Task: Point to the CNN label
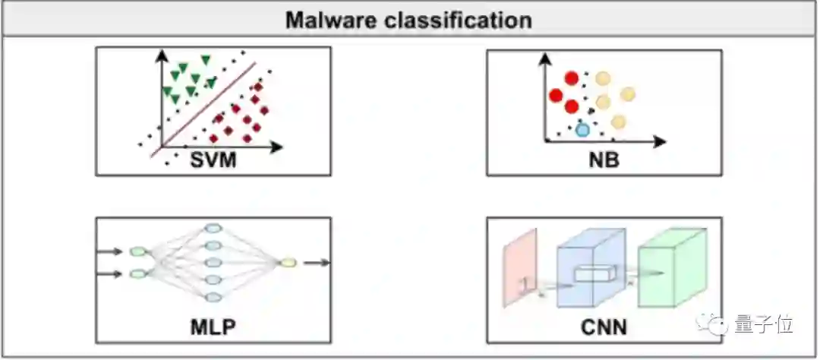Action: [x=604, y=328]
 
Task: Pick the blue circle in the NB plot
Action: [x=582, y=129]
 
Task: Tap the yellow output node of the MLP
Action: [x=288, y=263]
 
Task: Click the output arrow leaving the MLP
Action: [x=317, y=263]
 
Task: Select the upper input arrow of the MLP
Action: [x=112, y=251]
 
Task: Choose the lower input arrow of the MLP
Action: [x=112, y=274]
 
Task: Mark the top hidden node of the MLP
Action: [x=213, y=229]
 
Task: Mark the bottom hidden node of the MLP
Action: [x=213, y=297]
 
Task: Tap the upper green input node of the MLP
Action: [x=137, y=251]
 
